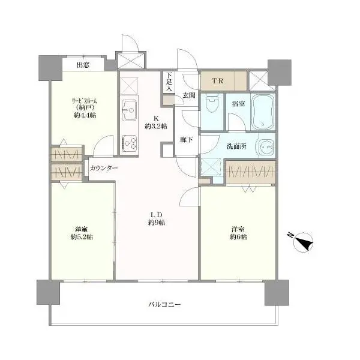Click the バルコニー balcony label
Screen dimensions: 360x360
click(x=164, y=305)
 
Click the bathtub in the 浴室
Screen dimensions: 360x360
click(x=263, y=112)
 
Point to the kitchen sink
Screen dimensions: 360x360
click(x=129, y=110)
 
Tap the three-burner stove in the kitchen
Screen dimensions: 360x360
click(x=129, y=144)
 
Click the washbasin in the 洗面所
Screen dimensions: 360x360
click(x=266, y=146)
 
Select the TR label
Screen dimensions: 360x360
click(x=217, y=81)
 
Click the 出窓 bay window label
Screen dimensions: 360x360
click(x=83, y=65)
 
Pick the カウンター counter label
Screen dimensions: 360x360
click(x=104, y=168)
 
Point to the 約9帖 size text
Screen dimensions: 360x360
click(x=157, y=223)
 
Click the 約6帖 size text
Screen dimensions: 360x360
click(x=238, y=237)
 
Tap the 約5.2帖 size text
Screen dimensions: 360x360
click(x=82, y=237)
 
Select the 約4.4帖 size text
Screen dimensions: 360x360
click(x=85, y=115)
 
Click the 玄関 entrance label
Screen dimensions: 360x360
click(x=189, y=95)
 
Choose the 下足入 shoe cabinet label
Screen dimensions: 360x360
click(x=169, y=82)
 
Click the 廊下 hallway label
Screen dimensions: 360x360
click(x=186, y=140)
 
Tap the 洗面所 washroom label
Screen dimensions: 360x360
click(x=236, y=146)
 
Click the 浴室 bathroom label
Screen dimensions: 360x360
click(x=238, y=104)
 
